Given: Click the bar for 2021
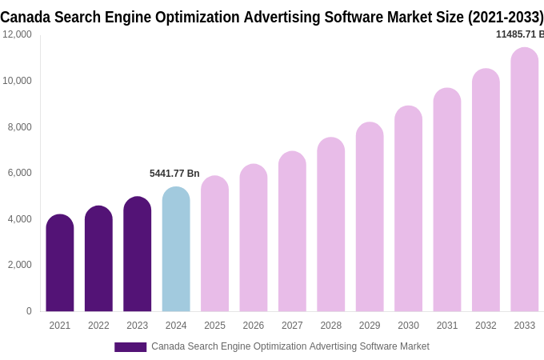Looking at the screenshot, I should pos(60,263).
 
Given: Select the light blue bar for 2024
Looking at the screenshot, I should pos(176,250).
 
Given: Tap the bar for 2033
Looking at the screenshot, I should pos(524,180).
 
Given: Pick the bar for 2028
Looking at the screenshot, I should pos(330,225).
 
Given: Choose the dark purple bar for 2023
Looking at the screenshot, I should pos(137,254).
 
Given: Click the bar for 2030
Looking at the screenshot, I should pos(408,209).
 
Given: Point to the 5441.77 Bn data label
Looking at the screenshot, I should pos(174,174).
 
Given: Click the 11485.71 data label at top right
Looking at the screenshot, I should pos(519,34).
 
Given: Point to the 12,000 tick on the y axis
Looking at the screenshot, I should pos(18,34).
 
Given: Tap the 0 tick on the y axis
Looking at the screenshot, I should pos(29,311).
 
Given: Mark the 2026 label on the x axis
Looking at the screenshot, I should pos(254,326).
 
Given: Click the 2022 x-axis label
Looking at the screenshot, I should pos(98,326).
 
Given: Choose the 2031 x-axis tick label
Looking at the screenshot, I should pos(447,326).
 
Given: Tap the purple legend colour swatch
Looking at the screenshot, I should pos(130,347).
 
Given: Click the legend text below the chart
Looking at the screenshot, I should pos(290,346).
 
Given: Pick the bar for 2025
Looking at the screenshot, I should pos(214,244).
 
